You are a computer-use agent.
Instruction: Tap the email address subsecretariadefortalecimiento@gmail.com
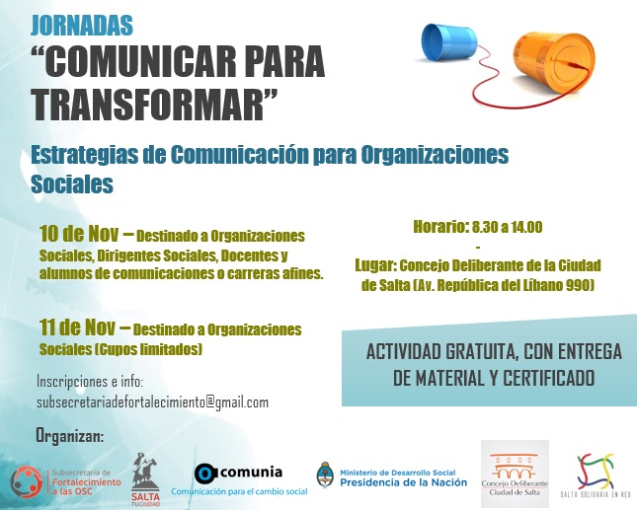[x=152, y=402]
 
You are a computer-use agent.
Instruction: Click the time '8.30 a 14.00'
[x=507, y=227]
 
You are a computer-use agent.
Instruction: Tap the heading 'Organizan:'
[x=69, y=435]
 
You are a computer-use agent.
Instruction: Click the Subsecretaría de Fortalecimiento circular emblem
[x=26, y=481]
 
